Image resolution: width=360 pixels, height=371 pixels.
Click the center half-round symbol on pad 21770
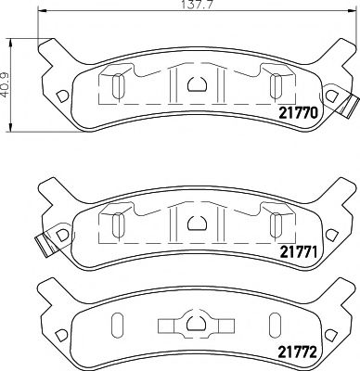(197, 85)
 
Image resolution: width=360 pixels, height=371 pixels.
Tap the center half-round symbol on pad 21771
(197, 223)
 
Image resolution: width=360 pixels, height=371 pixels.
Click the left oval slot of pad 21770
(118, 86)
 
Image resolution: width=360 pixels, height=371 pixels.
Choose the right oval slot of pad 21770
(275, 86)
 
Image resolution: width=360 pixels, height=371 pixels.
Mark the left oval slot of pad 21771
(118, 224)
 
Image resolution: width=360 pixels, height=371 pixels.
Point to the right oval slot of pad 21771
(275, 224)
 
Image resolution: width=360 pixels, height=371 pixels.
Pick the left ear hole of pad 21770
(61, 96)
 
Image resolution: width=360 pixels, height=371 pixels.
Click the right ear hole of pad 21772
(330, 334)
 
